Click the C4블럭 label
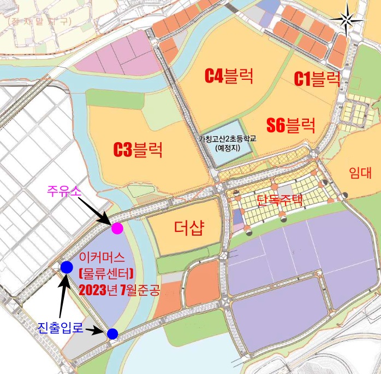229,75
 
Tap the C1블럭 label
317,79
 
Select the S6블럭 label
291,126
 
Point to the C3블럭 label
138,149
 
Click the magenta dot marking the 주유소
117,229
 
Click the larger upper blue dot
67,266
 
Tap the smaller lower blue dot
112,333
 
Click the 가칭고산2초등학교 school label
228,139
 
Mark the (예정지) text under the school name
228,148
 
